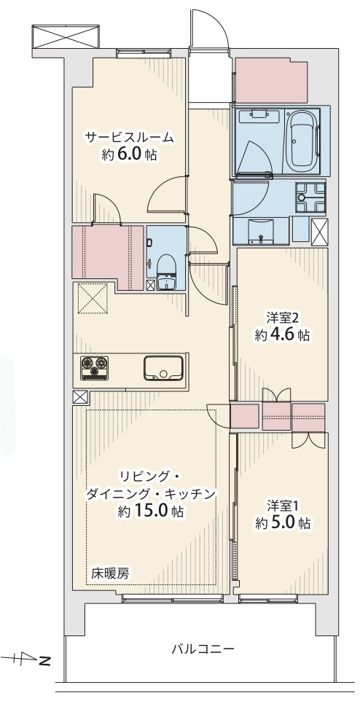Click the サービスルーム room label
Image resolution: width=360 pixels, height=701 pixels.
(129, 138)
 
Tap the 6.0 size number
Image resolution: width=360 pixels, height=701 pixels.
(130, 154)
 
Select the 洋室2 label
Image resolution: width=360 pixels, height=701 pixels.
(282, 318)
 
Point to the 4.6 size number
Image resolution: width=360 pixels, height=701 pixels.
(283, 335)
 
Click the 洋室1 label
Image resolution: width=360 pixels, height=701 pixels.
(283, 506)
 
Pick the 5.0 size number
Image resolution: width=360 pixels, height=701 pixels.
(283, 523)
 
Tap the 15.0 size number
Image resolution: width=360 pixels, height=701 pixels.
(151, 511)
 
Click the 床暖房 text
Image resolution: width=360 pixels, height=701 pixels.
(110, 573)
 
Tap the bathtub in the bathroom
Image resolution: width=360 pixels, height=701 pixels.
(303, 141)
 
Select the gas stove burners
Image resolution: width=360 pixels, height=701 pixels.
(94, 367)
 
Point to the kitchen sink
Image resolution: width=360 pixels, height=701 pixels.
(163, 368)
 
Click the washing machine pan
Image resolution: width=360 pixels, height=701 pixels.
(310, 197)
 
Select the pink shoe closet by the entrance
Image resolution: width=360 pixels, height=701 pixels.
(271, 80)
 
